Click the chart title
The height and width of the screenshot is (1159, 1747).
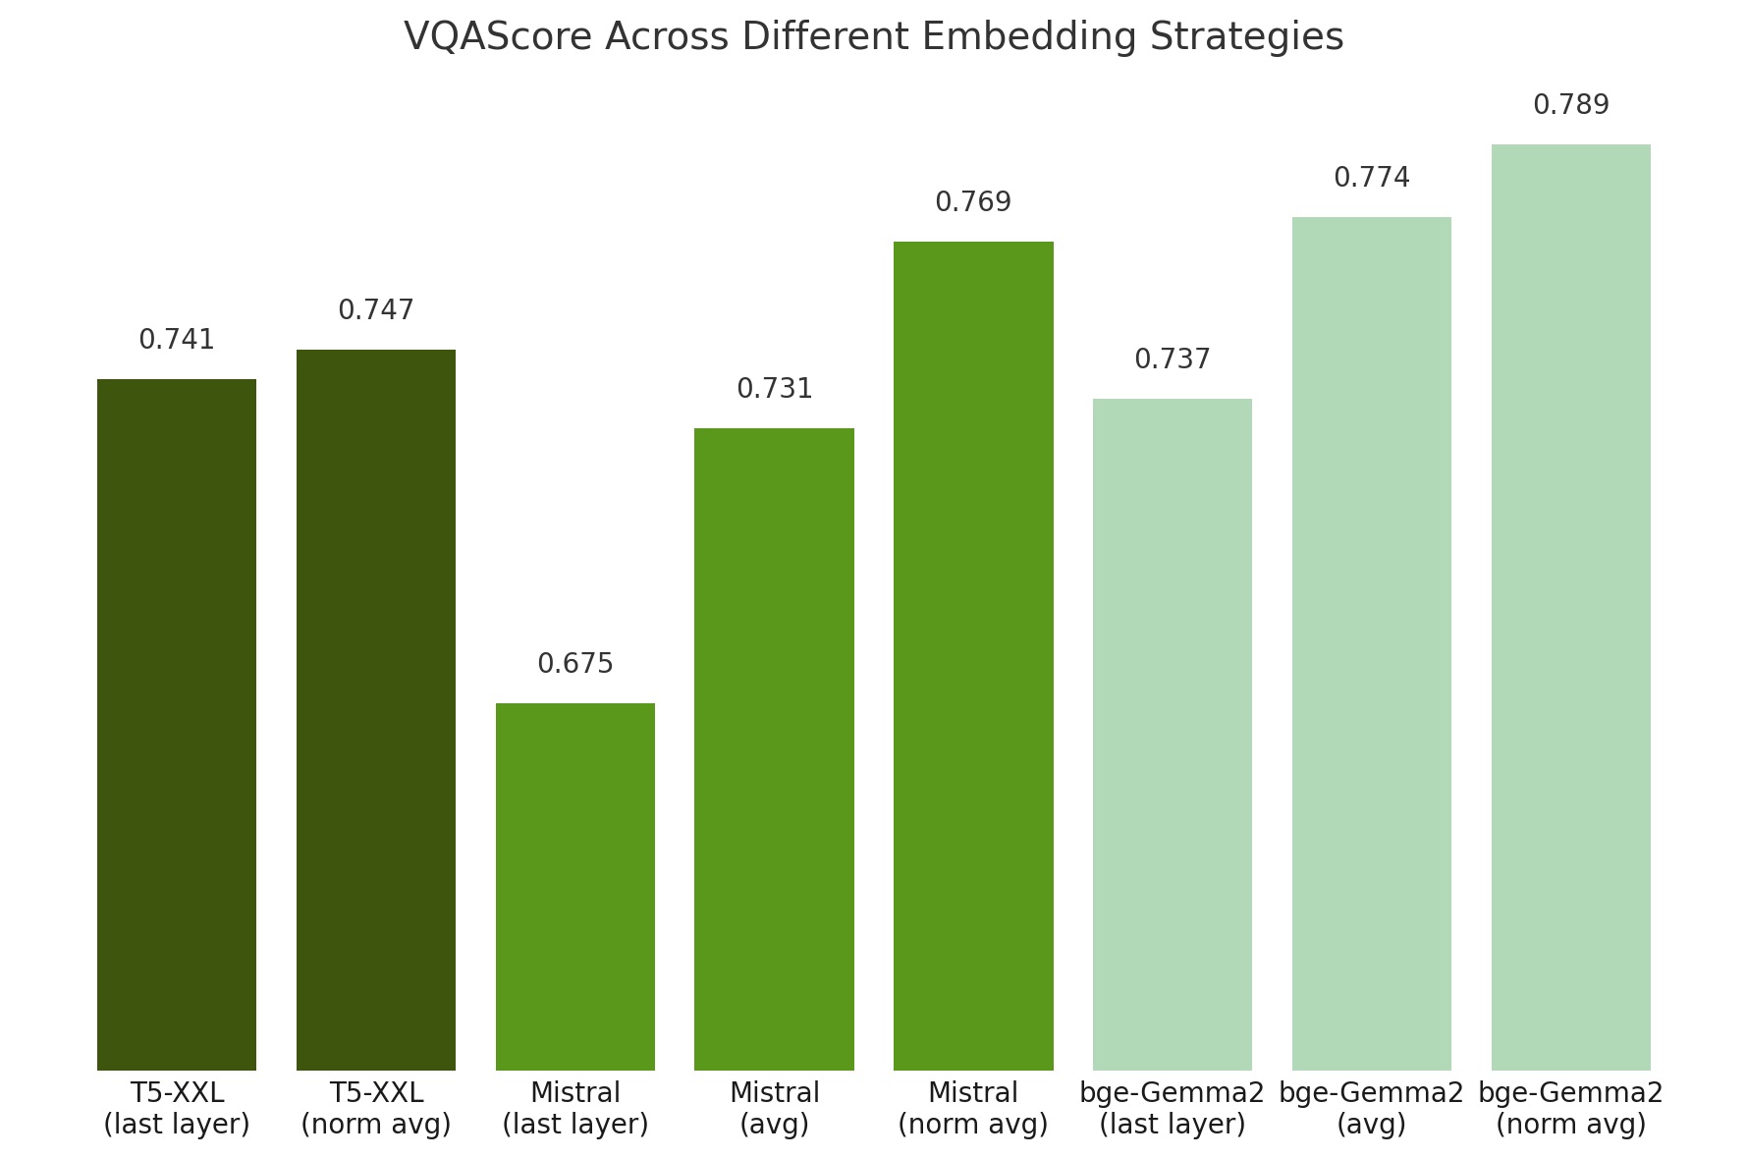[873, 37]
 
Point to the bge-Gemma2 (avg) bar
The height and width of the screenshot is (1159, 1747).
[1371, 643]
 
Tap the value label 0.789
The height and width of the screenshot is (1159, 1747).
[1570, 105]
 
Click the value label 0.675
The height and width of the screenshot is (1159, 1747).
[575, 664]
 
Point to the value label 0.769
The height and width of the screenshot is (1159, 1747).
[973, 202]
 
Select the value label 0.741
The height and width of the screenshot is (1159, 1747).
[177, 340]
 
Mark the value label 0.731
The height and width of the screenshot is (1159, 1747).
[774, 389]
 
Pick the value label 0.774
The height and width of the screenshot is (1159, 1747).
[1371, 178]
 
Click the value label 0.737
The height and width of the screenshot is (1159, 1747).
[1173, 359]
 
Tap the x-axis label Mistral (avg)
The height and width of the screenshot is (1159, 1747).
[774, 1108]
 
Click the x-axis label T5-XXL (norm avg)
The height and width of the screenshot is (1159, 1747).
[376, 1108]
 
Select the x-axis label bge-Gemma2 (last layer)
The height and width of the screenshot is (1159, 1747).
[1173, 1108]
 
